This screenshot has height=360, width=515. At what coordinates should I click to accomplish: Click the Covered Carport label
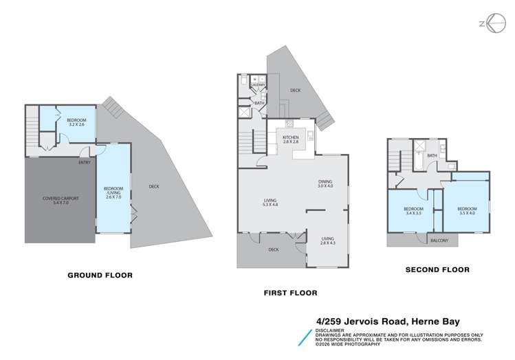[x=61, y=200]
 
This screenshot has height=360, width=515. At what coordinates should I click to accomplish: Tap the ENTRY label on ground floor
[x=85, y=163]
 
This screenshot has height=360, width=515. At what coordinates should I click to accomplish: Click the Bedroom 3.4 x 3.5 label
[x=414, y=210]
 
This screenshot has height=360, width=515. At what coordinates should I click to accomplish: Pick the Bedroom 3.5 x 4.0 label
[x=468, y=210]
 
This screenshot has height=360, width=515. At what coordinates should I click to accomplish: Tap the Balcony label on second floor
[x=439, y=240]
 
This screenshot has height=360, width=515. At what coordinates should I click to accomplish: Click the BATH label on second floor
[x=432, y=156]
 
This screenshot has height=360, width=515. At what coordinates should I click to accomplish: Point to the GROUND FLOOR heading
[x=100, y=275]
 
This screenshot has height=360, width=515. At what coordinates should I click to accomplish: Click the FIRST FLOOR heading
[x=291, y=293]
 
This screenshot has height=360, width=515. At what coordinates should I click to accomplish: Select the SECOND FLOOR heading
[x=437, y=270]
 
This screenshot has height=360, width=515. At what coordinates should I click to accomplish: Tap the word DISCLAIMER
[x=328, y=329]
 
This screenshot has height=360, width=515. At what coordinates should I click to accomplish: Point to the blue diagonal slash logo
[x=303, y=337]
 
